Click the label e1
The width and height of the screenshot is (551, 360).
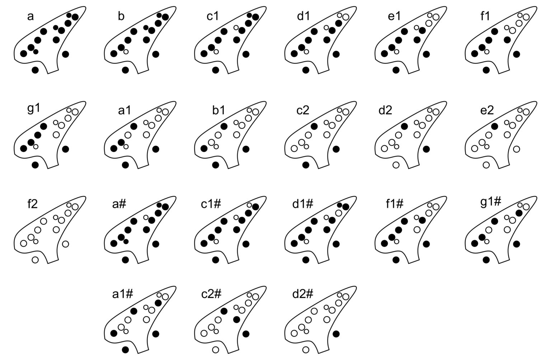point(394,17)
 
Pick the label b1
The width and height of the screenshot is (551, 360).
point(218,110)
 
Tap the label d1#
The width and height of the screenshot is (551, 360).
point(303,204)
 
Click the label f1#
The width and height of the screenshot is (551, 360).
point(395,204)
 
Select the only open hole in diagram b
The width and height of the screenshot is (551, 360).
point(126,52)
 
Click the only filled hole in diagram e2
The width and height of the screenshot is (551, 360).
point(494,126)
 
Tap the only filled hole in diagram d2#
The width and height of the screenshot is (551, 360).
point(336,334)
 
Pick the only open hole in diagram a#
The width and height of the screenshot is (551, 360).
point(146,217)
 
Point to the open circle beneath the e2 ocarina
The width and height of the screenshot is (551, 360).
point(486,165)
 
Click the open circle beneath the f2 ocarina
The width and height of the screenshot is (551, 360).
point(35,260)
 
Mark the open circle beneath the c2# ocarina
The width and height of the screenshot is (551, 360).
point(216,350)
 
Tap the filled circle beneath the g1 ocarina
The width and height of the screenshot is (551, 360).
point(35,165)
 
